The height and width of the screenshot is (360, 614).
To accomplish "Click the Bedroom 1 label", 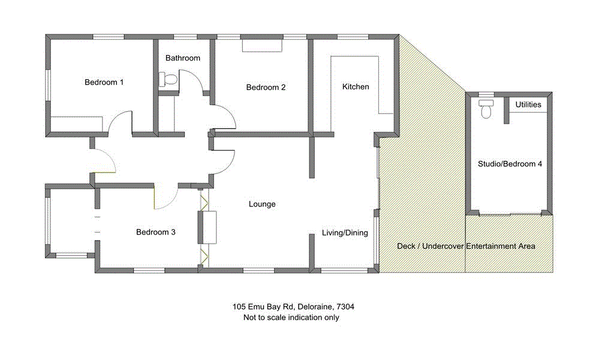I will coord(104,82).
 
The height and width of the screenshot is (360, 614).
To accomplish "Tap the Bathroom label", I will coord(183,58).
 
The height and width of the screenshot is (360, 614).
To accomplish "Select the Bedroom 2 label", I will coord(266,88).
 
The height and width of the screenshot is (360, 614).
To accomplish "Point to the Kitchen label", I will coord(356,87).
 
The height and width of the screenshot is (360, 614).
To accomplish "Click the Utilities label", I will coord(528,105).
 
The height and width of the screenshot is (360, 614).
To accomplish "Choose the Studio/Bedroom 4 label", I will coord(510,164).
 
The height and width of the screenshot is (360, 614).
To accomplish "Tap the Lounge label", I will coord(262,205).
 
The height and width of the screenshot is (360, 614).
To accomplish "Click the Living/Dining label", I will coord(345,233).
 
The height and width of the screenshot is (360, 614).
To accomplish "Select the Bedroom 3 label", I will coord(155,232).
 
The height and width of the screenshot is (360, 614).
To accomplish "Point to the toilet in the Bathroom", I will coord(169,79).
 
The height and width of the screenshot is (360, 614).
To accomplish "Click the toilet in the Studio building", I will coord(486,110).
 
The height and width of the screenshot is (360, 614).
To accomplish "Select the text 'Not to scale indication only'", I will coord(291,317).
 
